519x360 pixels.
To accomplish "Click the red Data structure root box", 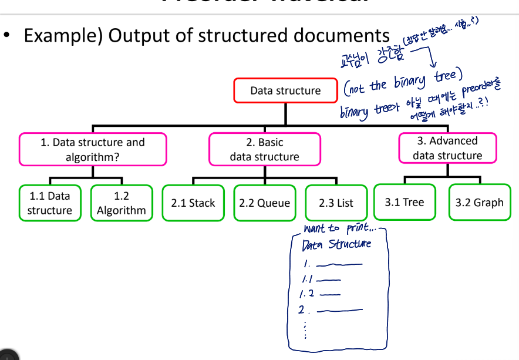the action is tap(285, 90).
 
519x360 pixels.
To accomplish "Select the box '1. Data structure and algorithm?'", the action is tap(93, 150).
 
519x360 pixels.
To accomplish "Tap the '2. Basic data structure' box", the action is tap(264, 150).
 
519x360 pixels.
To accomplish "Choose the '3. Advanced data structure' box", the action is tap(447, 148).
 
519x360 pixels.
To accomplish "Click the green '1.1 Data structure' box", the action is tap(49, 203).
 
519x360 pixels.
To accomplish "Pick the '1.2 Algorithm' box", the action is tap(121, 203).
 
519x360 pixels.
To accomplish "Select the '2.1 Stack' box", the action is tap(193, 203).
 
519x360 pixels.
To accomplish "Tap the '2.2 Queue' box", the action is tap(264, 203).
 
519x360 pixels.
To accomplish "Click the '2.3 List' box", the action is tap(336, 203).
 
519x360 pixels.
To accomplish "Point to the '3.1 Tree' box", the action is tap(405, 203).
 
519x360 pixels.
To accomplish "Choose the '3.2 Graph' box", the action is tap(479, 203).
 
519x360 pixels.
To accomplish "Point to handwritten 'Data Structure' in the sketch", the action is tap(336, 244).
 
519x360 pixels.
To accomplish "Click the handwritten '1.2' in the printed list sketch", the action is tap(307, 293).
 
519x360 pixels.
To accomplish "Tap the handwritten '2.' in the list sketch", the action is tap(304, 309).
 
